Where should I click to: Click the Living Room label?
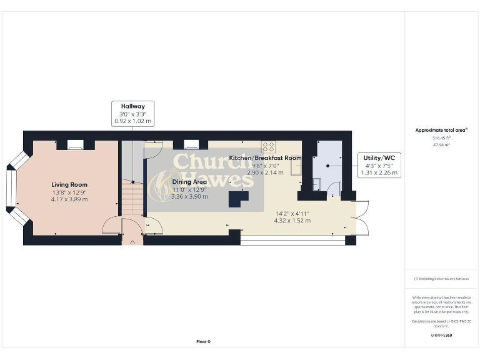[x=69, y=184]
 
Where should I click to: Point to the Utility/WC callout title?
[x=378, y=158]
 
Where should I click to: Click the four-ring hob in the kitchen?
[x=269, y=147]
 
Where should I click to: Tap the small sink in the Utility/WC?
[x=316, y=184]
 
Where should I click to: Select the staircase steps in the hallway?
[x=132, y=197]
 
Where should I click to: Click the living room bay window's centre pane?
[x=9, y=187]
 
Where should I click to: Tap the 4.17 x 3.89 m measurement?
[x=69, y=199]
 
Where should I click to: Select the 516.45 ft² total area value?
[x=442, y=137]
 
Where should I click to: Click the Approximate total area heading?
[x=441, y=130]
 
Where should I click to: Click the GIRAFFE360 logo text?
[x=441, y=336]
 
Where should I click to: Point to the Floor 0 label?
[x=203, y=341]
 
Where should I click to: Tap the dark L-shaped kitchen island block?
[x=237, y=199]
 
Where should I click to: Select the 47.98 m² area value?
[x=442, y=144]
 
